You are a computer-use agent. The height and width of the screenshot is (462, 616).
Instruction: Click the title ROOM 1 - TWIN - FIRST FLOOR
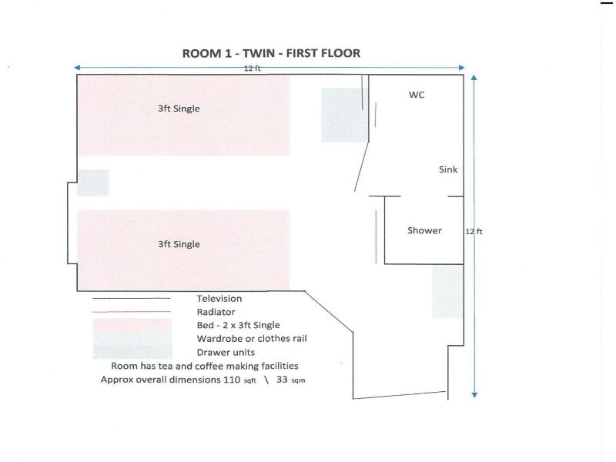click(x=271, y=53)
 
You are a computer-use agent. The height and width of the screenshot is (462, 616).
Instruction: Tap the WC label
click(x=417, y=95)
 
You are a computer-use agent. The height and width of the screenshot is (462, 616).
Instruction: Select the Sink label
click(x=448, y=169)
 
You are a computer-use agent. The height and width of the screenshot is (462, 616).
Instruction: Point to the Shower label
click(x=424, y=230)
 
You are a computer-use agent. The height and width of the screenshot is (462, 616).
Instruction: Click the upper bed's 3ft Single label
click(x=179, y=109)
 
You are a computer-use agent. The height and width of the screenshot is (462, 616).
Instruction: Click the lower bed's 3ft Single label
click(x=179, y=244)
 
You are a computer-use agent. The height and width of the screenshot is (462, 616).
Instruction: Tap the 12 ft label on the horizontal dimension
click(x=253, y=69)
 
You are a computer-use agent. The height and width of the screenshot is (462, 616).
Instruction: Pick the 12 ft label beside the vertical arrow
click(x=474, y=232)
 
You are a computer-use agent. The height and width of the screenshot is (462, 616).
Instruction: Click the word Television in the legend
click(x=219, y=299)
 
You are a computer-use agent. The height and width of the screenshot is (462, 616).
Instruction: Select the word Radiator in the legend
click(x=216, y=312)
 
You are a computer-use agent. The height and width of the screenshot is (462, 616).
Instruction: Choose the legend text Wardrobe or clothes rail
click(x=252, y=339)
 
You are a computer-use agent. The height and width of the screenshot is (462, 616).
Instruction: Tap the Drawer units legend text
click(x=226, y=352)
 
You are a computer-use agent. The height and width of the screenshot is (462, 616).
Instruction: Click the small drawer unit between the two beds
click(x=92, y=182)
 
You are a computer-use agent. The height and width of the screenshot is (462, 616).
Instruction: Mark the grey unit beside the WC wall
click(x=344, y=115)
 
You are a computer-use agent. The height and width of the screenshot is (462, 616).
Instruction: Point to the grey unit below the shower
click(x=448, y=292)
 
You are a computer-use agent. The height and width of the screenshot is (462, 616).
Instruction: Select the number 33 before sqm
click(x=282, y=380)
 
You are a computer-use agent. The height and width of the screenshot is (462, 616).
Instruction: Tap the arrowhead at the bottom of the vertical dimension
click(x=474, y=395)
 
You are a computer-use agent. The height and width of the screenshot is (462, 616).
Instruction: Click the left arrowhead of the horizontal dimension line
click(x=77, y=68)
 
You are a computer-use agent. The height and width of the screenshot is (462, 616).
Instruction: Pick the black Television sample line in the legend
click(x=131, y=299)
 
